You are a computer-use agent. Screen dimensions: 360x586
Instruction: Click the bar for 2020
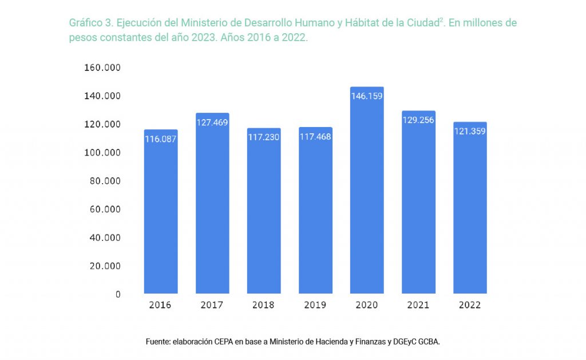[366, 195]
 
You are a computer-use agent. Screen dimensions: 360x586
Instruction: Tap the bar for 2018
[264, 215]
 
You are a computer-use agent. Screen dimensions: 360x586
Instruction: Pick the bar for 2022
[470, 212]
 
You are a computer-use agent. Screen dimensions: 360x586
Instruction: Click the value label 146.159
[367, 96]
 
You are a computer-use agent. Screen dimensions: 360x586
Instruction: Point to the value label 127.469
[212, 122]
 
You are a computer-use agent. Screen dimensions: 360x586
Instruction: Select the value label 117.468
[315, 137]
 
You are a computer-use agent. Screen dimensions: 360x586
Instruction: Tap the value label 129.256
[418, 120]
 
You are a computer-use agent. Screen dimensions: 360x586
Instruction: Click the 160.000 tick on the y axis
[102, 68]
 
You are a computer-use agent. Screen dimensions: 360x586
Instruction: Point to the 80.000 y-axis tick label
[105, 181]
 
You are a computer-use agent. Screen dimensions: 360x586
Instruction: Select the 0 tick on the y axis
[118, 294]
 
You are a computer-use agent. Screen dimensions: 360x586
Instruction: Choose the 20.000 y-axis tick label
[105, 266]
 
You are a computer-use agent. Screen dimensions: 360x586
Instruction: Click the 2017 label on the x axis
[212, 305]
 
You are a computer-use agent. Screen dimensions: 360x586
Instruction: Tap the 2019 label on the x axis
[315, 305]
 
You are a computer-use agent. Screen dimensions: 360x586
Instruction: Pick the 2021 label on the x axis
[418, 305]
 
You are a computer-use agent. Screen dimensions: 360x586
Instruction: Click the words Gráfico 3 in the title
[89, 23]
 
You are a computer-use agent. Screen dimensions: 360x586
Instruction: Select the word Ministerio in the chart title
[203, 23]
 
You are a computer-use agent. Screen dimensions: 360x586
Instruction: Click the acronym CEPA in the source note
[227, 342]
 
